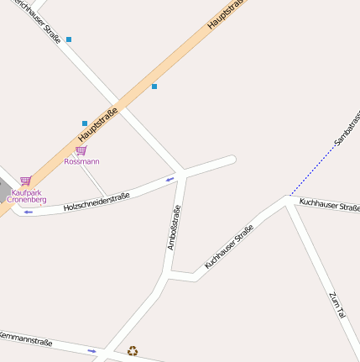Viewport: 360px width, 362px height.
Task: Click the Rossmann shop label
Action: [x=81, y=160]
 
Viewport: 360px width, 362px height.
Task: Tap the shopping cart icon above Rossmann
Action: [x=81, y=150]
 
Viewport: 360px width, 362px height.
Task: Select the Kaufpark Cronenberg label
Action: [x=26, y=196]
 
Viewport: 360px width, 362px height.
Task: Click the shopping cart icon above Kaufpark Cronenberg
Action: [x=25, y=181]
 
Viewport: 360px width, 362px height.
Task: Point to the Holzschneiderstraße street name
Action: [x=97, y=202]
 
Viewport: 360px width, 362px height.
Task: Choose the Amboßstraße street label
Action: [x=174, y=228]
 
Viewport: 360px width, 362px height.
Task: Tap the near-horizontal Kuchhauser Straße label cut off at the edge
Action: [x=329, y=204]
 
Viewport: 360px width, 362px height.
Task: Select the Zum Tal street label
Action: [x=337, y=304]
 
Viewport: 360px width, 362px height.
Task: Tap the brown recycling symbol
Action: [x=132, y=351]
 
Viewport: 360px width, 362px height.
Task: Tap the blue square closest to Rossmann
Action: [x=85, y=123]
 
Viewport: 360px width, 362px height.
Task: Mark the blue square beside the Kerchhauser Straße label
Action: [x=69, y=39]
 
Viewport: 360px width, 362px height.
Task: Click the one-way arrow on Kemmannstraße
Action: [x=91, y=350]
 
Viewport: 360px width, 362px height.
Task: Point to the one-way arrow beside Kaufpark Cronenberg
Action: [x=28, y=212]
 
